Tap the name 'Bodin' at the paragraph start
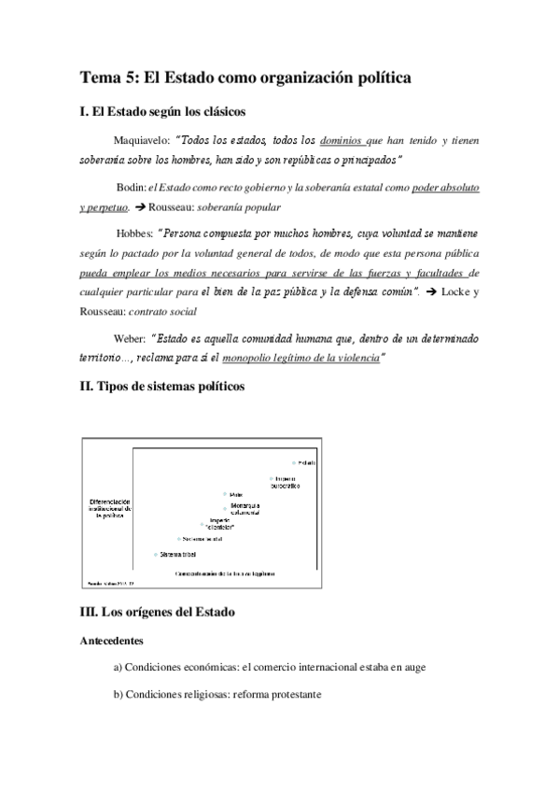(131, 188)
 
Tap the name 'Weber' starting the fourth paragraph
(130, 339)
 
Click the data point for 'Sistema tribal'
(155, 555)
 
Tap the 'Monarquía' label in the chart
(244, 505)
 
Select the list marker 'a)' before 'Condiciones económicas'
(119, 668)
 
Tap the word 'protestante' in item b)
(290, 696)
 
